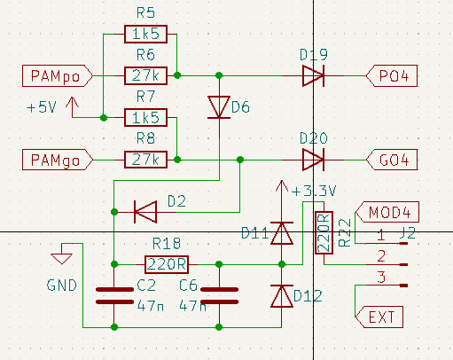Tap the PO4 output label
coord(392,76)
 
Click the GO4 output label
coord(392,160)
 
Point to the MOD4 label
coord(387,212)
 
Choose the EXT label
coord(379,317)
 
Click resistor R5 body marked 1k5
coord(145,34)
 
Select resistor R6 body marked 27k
coord(145,76)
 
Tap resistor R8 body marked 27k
coord(145,160)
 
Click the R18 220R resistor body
coord(167,264)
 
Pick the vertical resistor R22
coord(324,232)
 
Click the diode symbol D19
coord(313,76)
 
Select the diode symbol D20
coord(313,160)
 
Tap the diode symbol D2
coord(145,212)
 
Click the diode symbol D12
coord(282,296)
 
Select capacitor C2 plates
coord(114,295)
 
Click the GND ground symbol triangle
coord(61,259)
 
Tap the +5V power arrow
coord(72,107)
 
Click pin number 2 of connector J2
coord(381,256)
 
